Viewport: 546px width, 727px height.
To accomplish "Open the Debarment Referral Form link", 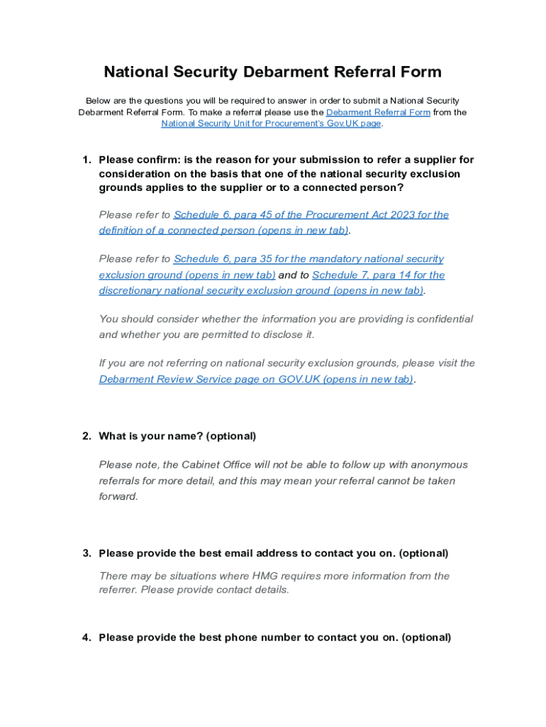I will coord(378,112).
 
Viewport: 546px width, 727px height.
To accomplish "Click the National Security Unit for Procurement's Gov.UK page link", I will coord(271,124).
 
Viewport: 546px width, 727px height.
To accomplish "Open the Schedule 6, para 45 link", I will coord(311,214).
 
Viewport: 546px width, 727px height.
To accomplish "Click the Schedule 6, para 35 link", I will coord(308,259).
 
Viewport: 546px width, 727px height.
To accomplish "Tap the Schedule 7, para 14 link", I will coord(378,275).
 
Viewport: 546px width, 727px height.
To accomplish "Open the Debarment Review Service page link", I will coord(256,379).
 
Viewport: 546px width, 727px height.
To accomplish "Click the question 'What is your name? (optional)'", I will coord(177,436).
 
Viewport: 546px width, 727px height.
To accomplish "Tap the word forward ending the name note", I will coord(118,497).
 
